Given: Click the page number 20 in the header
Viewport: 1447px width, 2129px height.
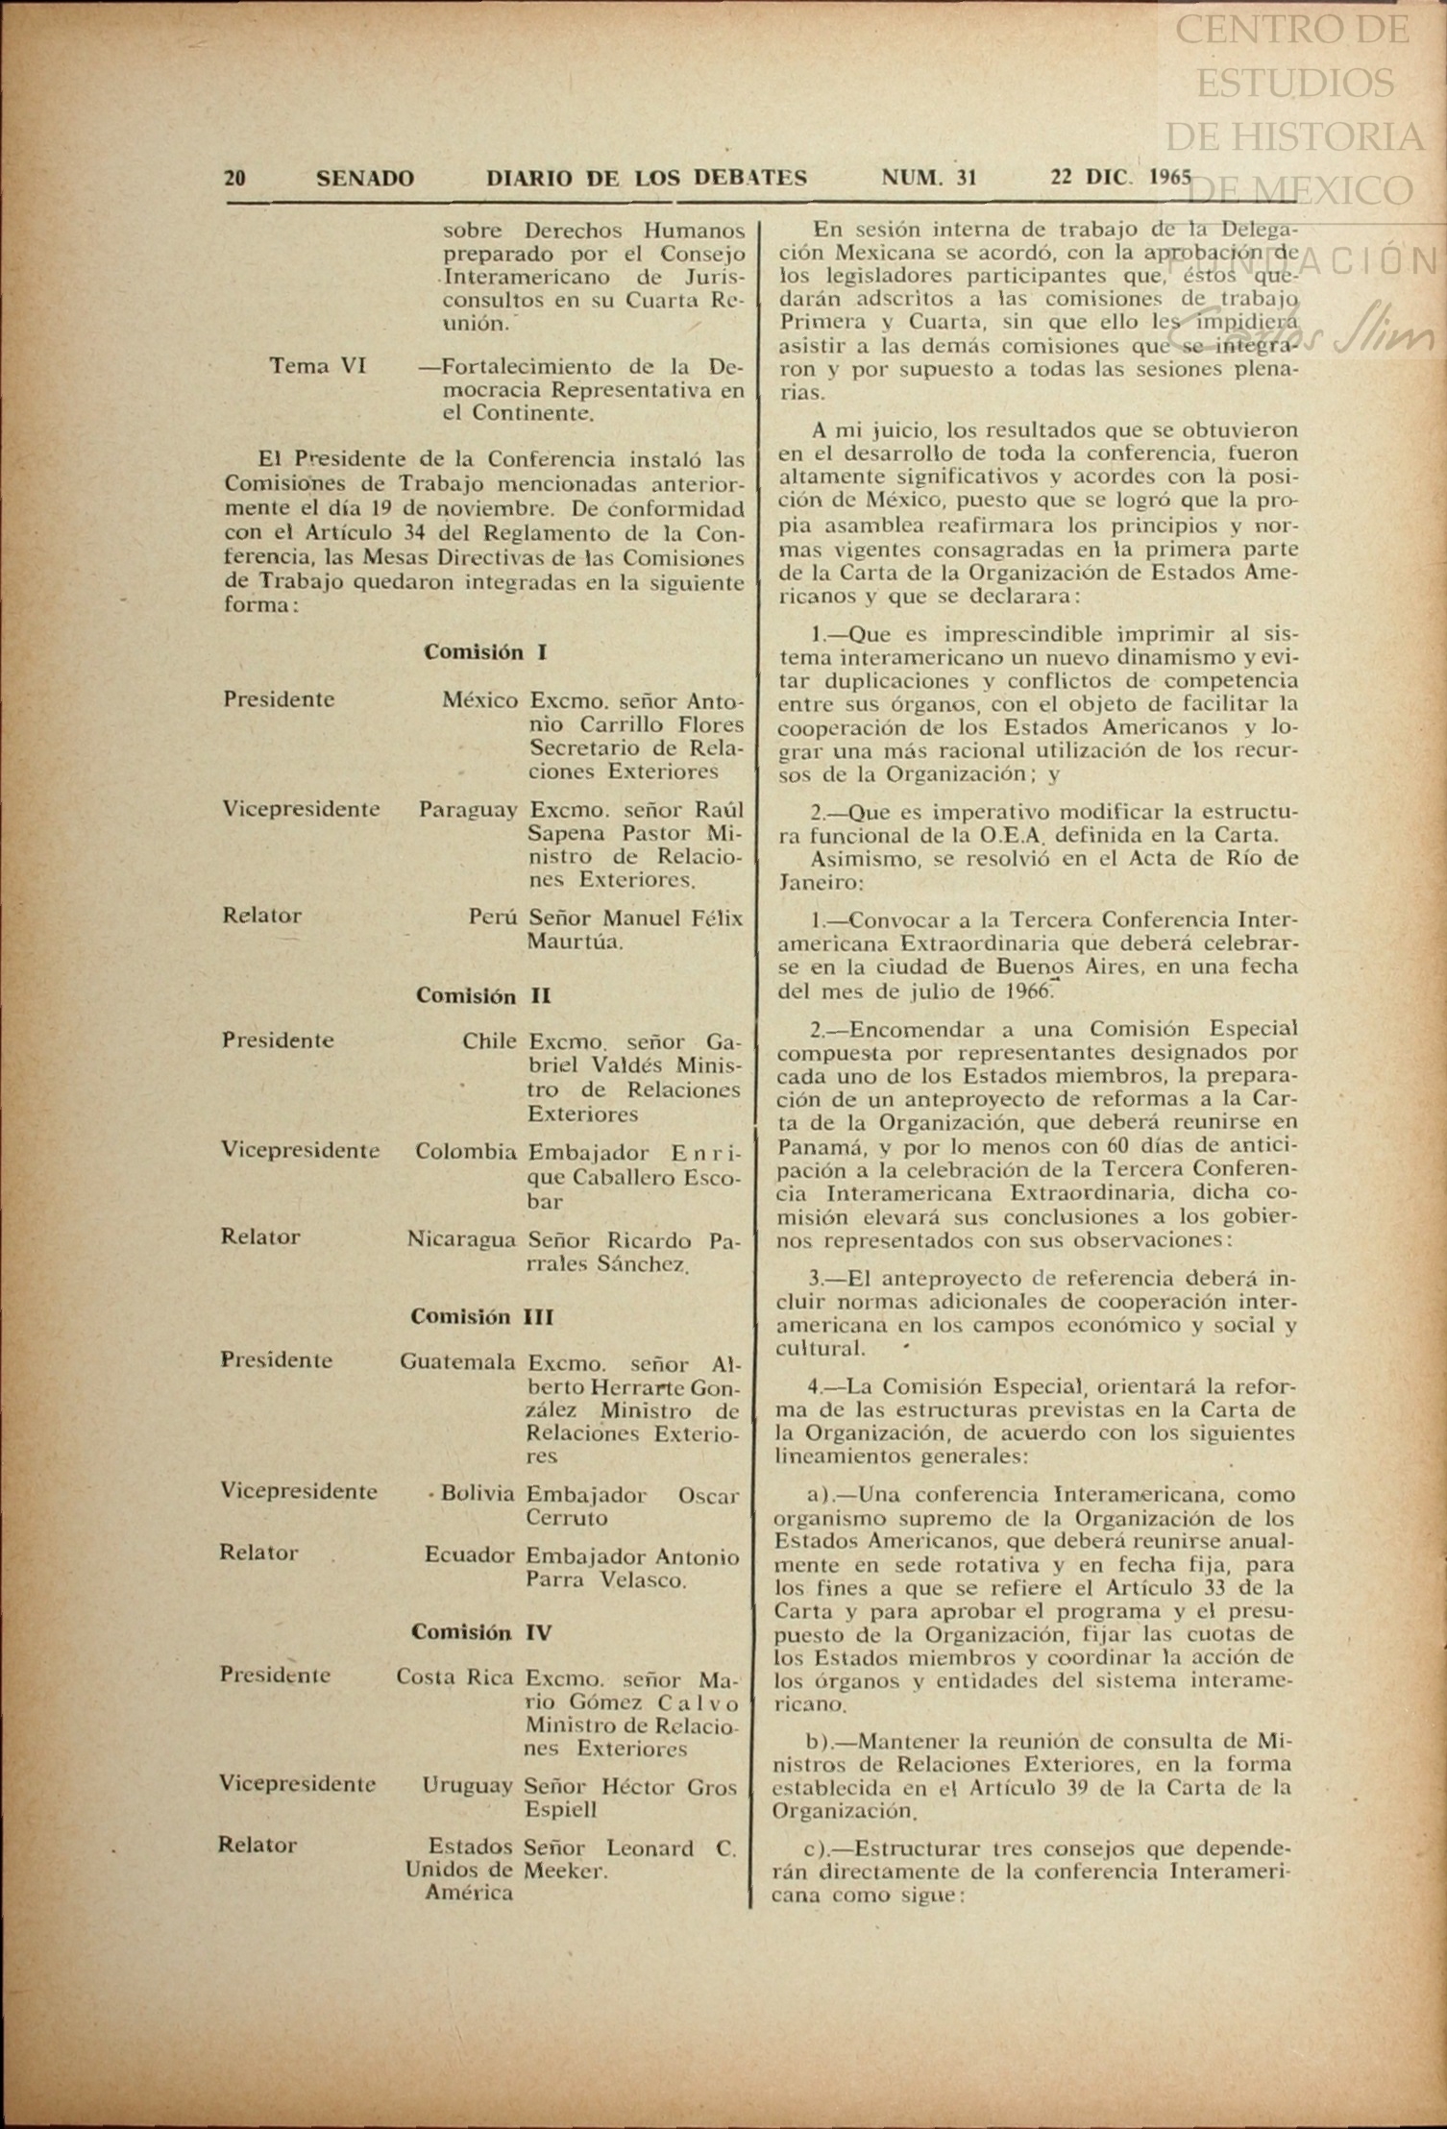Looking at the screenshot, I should [x=234, y=178].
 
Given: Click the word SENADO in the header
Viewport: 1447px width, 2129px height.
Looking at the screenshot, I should [x=365, y=178].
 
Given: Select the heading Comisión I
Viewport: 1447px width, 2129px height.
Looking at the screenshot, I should [x=485, y=652].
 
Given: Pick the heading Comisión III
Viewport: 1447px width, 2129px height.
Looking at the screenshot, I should [x=482, y=1316].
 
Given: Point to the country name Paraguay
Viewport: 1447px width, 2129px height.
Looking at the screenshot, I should [x=468, y=810].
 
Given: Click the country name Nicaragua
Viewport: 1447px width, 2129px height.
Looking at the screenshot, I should [x=461, y=1239].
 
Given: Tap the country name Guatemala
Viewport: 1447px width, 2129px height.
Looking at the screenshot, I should [x=457, y=1362].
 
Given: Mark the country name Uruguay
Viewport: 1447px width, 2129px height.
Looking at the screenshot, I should [x=467, y=1787].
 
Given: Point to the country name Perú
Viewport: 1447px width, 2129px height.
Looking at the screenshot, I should [x=493, y=918].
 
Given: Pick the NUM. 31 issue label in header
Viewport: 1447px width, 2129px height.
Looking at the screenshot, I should [x=928, y=178].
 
